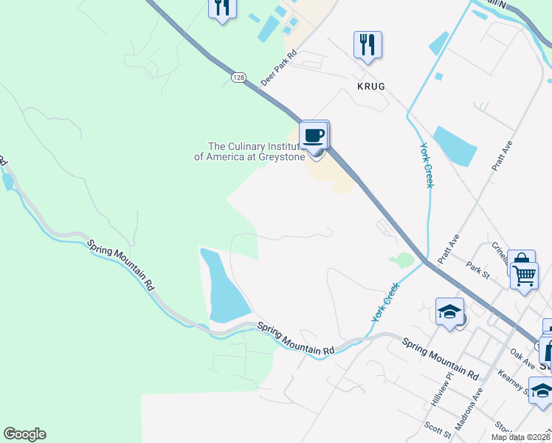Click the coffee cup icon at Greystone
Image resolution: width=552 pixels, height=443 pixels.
click(314, 135)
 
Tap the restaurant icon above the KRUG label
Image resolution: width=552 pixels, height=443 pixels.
click(367, 44)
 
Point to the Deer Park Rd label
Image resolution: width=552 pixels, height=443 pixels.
click(278, 67)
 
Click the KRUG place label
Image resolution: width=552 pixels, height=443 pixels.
click(370, 86)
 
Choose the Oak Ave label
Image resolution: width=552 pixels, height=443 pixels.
click(522, 357)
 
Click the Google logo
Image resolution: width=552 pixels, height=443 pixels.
click(24, 434)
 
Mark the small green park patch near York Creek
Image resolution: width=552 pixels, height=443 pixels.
click(402, 260)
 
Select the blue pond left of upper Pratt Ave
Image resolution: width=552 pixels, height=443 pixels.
click(455, 145)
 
